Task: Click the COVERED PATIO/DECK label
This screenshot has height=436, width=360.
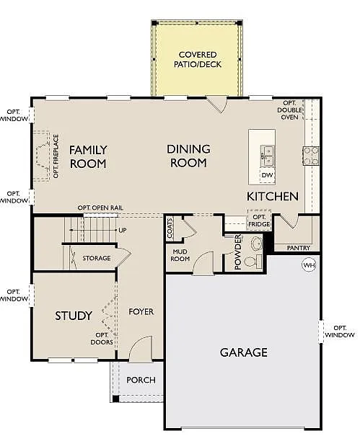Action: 197,59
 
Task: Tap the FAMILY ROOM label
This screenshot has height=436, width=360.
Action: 88,156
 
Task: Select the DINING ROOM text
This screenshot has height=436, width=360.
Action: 188,156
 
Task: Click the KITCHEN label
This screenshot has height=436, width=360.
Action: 273,196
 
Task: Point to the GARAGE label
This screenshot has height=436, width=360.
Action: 243,352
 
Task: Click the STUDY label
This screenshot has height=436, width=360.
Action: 74,316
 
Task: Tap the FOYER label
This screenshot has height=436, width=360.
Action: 141,312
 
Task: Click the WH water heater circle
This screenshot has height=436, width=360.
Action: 309,265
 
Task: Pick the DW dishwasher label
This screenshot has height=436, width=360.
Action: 267,175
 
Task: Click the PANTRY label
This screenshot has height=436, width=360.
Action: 298,248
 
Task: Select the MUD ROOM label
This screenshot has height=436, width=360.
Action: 180,255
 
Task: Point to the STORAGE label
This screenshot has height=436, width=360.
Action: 96,258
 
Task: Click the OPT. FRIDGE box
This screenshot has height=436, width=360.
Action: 260,220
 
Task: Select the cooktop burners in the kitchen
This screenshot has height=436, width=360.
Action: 312,154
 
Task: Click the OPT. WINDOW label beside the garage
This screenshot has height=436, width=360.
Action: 339,330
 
